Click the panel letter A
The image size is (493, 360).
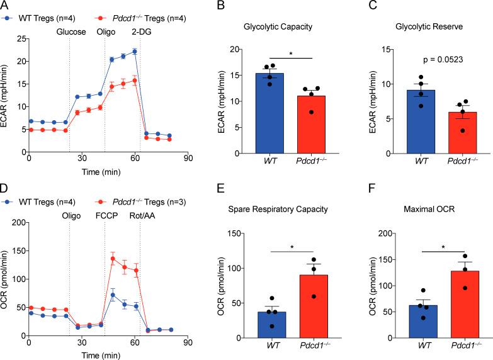5,6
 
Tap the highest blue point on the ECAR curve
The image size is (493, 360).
135,52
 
